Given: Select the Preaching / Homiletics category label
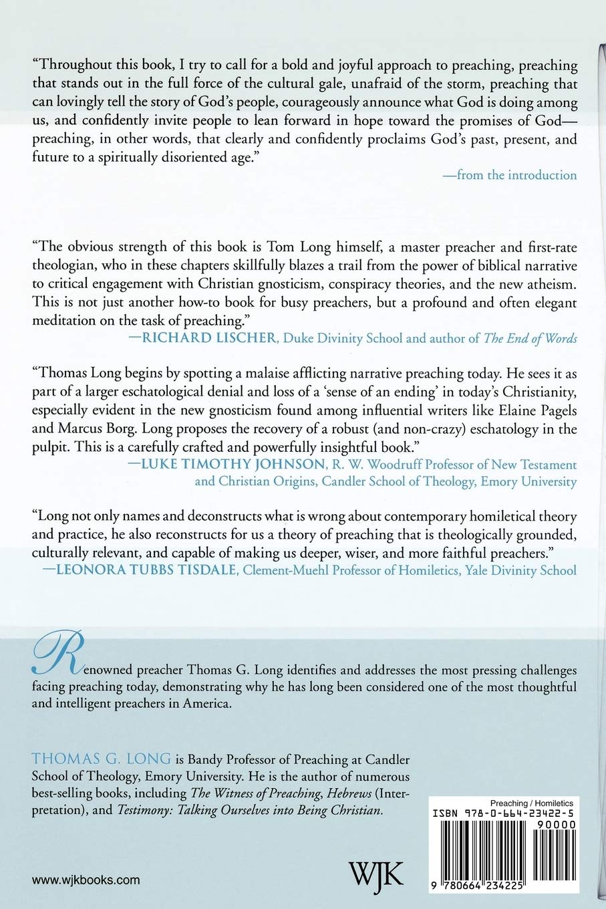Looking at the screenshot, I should [531, 803].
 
